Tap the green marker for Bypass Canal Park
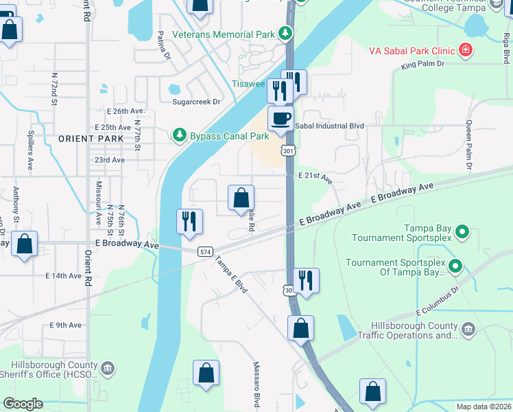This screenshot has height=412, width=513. [x=180, y=135]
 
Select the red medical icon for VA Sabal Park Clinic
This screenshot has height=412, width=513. [x=466, y=49]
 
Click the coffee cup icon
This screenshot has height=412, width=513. [x=280, y=118]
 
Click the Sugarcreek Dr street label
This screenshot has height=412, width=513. [x=196, y=102]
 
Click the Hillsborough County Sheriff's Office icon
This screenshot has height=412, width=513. [x=108, y=369]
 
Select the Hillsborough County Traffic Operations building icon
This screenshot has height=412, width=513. [x=468, y=330]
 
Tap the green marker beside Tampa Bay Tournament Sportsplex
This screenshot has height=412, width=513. [x=462, y=233]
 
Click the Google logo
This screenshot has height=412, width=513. [x=23, y=404]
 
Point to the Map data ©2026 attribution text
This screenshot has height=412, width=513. [x=484, y=407]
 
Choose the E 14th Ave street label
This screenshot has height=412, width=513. [x=63, y=276]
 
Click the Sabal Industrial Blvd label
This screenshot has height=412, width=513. [x=329, y=126]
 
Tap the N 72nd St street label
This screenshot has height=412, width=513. [x=53, y=90]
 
